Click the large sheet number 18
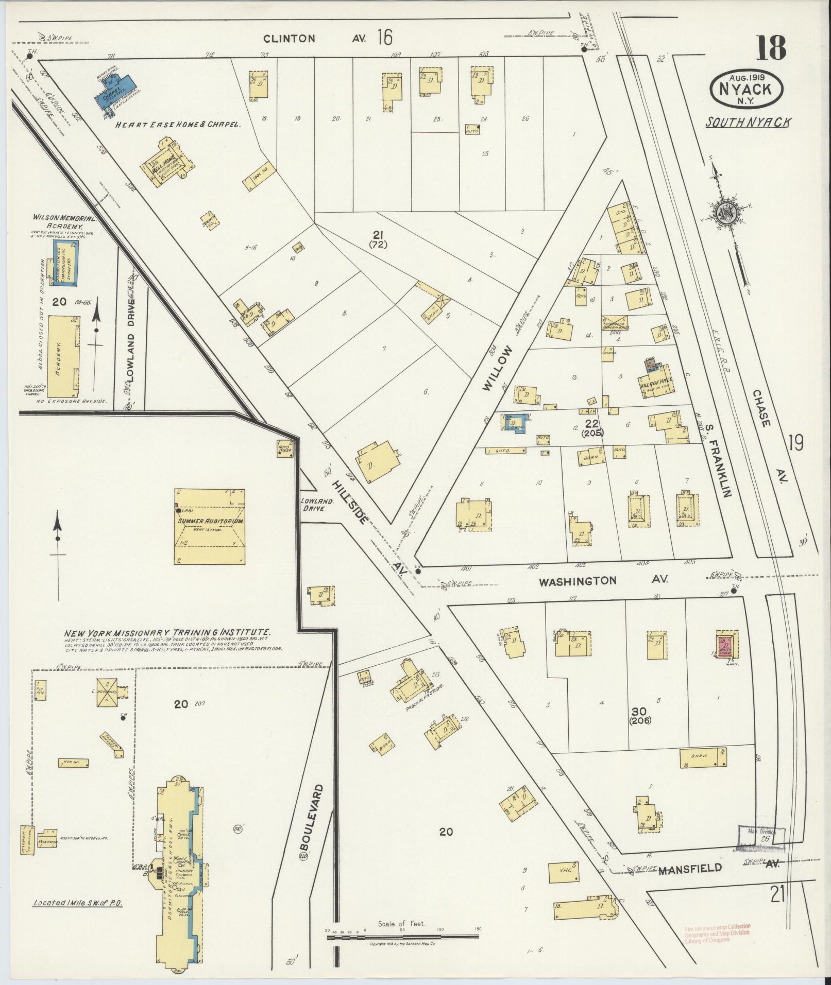coord(771,47)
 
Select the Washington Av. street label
coord(603,581)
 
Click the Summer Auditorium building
coord(210,526)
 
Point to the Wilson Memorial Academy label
coord(57,221)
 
